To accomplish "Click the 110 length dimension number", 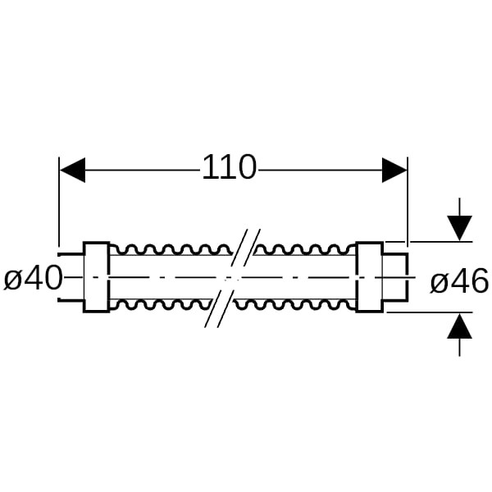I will [230, 169].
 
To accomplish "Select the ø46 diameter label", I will [459, 282].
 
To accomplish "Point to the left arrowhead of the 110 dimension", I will [72, 171].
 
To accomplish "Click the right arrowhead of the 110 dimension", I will [395, 171].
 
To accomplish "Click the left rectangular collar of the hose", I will [97, 277].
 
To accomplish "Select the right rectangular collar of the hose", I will [369, 277].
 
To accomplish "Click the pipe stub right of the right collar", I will [395, 277].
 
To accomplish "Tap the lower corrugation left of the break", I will [164, 306].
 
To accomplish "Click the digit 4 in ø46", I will [458, 282].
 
